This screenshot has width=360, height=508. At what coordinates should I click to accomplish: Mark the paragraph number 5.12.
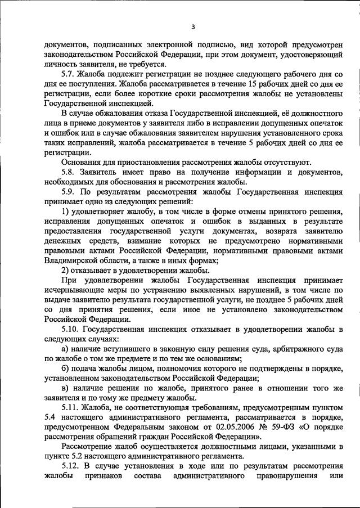click(70, 467)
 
